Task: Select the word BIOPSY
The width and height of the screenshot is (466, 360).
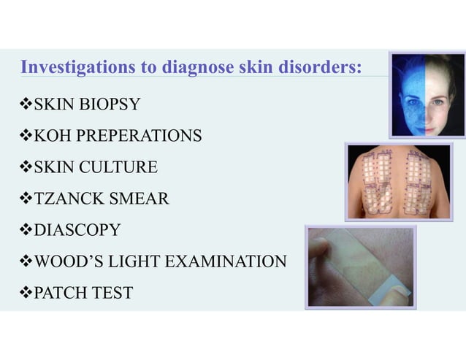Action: coord(110,105)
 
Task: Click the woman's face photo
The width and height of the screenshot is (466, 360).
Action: coord(427,93)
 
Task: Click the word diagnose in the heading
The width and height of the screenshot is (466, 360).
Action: coord(192,68)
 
